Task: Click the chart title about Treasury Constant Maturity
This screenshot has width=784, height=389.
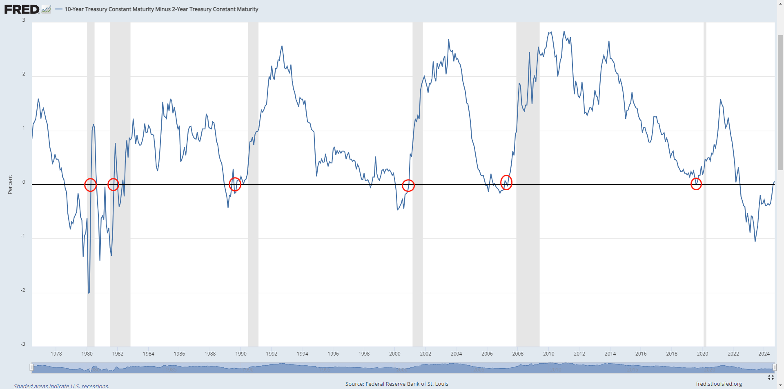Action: click(161, 9)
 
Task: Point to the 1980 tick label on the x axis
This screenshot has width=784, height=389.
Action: click(87, 353)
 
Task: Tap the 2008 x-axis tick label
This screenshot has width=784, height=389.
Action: click(518, 353)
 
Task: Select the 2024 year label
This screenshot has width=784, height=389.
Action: click(764, 353)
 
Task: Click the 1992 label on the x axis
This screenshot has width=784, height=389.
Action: click(272, 353)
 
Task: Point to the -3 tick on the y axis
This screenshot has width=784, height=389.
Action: click(23, 344)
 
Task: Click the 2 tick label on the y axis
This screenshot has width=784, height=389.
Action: click(24, 74)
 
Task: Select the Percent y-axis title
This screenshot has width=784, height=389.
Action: click(10, 184)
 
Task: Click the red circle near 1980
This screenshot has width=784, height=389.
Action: click(90, 185)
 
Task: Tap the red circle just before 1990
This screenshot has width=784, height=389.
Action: click(235, 184)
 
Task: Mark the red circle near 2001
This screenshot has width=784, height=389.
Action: click(408, 185)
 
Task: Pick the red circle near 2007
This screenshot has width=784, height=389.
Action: click(506, 182)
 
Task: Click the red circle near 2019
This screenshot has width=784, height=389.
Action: click(696, 184)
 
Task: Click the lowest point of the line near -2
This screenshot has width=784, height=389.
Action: click(88, 293)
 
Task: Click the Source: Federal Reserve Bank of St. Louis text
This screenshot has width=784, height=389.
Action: click(396, 384)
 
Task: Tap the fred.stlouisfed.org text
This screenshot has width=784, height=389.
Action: click(719, 384)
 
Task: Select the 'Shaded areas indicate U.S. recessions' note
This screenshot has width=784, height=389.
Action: click(62, 386)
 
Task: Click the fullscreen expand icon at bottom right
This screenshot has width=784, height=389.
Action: click(771, 377)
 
